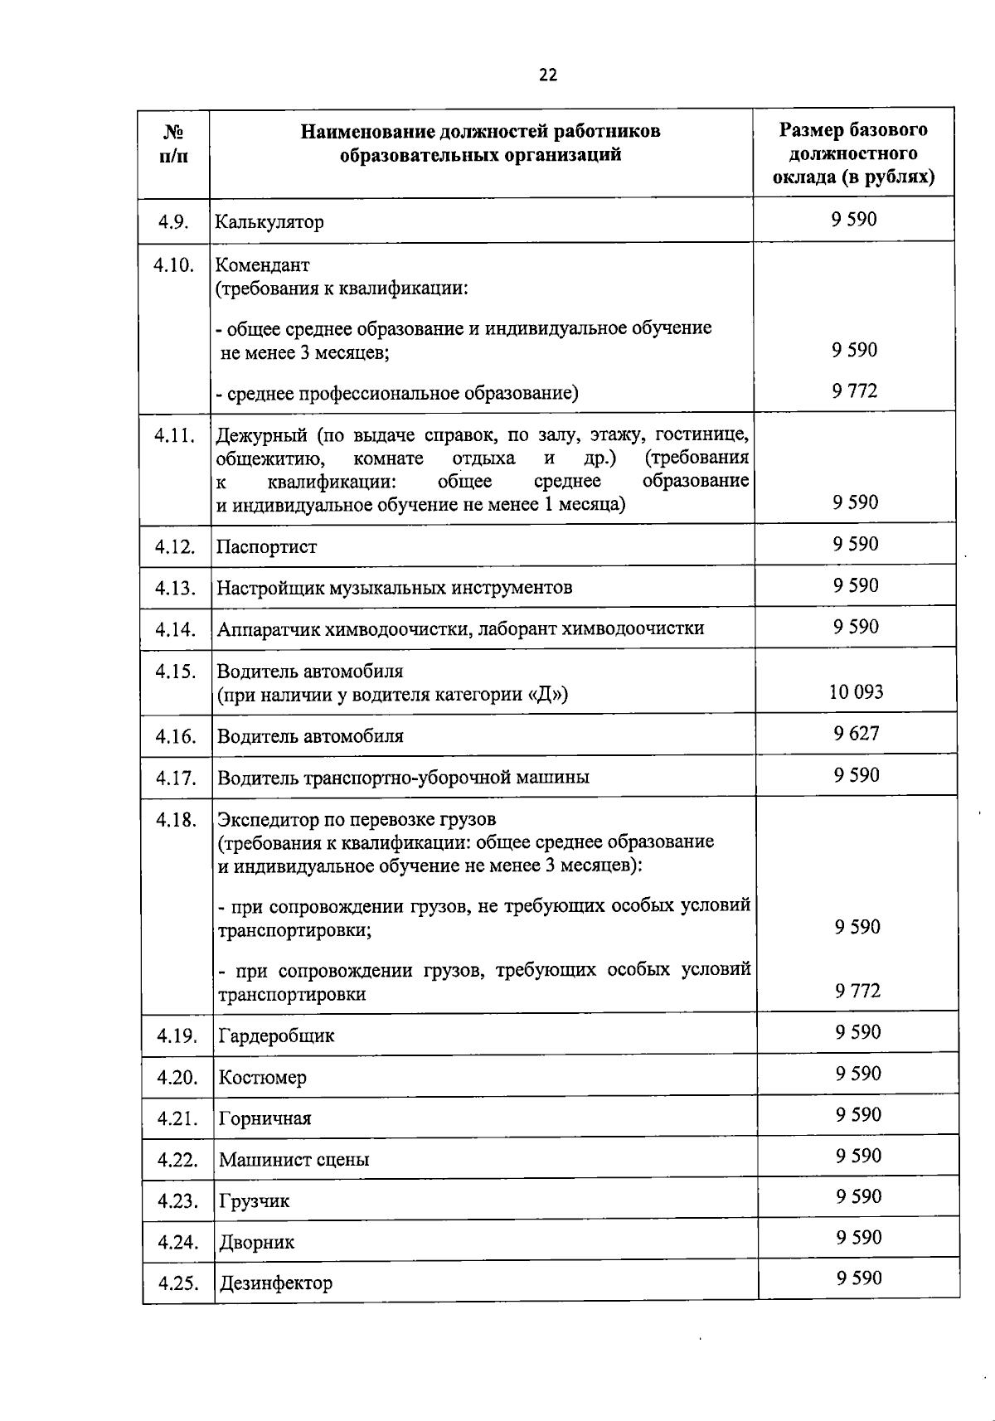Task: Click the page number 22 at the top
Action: coord(548,75)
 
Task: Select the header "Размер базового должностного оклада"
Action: coord(853,153)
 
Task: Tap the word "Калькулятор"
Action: coord(269,222)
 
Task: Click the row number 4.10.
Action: coord(174,265)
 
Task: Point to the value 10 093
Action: coord(856,691)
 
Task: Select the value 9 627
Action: coord(857,733)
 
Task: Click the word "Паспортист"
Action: coord(266,547)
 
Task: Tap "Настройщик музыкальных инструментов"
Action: coord(394,589)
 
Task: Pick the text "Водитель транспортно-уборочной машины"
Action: coord(403,778)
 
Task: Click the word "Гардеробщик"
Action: coord(276,1036)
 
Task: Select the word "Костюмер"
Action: coord(262,1078)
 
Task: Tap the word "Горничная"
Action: coord(265,1119)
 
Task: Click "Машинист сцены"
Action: coord(294,1160)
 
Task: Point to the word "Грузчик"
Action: coord(254,1201)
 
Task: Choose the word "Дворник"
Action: coord(256,1243)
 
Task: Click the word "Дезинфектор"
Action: coord(275,1283)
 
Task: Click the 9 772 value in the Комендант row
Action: coord(854,390)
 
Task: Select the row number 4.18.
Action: coord(176,820)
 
